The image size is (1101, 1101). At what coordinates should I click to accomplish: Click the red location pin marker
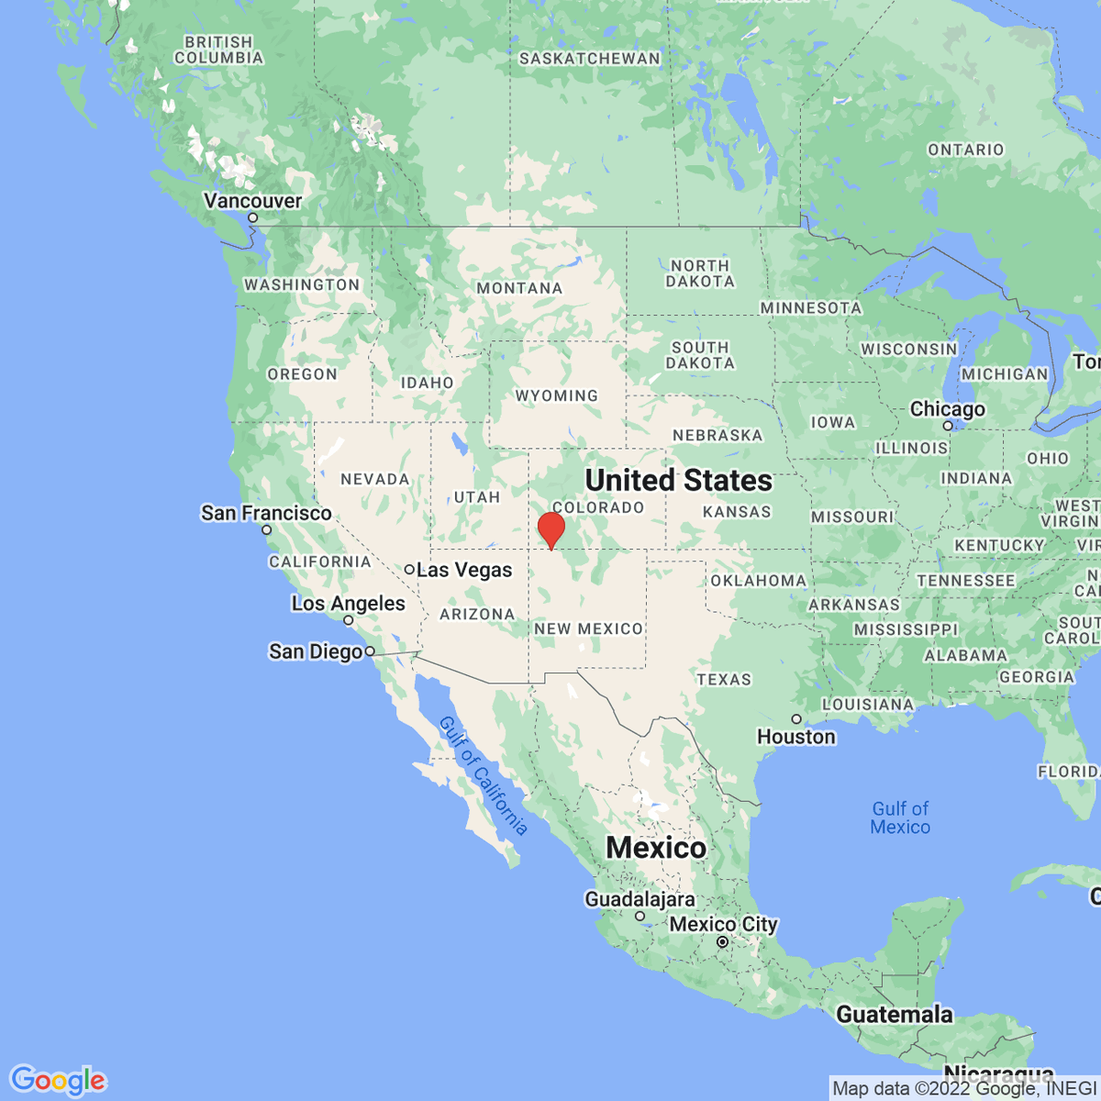(x=550, y=529)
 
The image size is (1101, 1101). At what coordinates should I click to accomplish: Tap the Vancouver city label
(x=252, y=201)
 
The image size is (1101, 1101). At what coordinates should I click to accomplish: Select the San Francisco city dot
(x=267, y=529)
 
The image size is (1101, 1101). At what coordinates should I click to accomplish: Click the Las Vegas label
(x=464, y=570)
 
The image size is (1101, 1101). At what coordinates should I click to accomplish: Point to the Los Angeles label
(x=348, y=604)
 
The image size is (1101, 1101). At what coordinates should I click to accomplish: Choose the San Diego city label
(x=316, y=651)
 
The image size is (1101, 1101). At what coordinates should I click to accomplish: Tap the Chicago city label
(x=947, y=409)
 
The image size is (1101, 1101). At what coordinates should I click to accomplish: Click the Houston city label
(x=796, y=737)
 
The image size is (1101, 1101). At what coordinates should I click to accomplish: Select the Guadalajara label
(x=639, y=899)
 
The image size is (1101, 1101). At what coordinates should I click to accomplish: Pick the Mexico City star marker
(x=723, y=941)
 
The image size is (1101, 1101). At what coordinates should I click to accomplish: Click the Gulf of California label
(x=483, y=775)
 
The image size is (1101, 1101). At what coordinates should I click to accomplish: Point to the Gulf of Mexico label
(x=900, y=817)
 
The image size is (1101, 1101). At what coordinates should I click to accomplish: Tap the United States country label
(x=678, y=480)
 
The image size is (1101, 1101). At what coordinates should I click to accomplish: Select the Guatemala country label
(x=895, y=1015)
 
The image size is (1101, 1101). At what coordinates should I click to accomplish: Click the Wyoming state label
(x=556, y=395)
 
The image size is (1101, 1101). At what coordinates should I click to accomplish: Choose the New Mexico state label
(x=588, y=628)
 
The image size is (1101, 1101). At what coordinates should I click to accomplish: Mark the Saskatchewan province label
(x=589, y=59)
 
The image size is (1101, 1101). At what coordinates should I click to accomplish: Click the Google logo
(x=58, y=1080)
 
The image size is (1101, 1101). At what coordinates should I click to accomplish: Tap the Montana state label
(x=519, y=288)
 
